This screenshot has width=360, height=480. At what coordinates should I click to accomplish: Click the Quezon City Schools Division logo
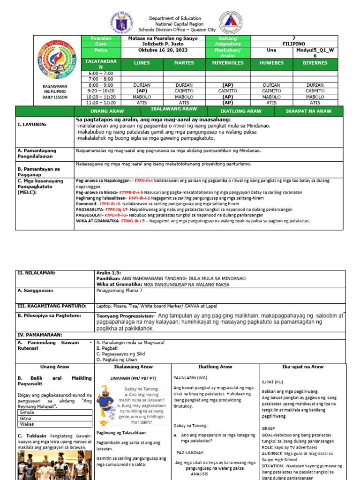coord(231,23)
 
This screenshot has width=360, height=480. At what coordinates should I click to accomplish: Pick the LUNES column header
coord(142,62)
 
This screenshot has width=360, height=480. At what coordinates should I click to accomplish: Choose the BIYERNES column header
coord(315,62)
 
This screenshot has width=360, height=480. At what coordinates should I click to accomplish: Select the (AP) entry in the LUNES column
coord(142,91)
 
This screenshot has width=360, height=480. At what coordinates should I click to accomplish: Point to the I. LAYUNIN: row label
coord(32,125)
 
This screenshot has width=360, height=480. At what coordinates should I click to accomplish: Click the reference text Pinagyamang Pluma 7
coord(119,291)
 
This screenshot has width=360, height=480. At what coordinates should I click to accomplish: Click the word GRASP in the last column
coord(269,428)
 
